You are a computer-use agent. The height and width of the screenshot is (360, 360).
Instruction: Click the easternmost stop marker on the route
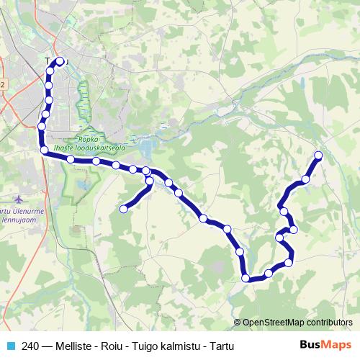pos(318,155)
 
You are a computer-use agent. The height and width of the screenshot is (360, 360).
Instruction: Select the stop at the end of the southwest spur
pos(123,209)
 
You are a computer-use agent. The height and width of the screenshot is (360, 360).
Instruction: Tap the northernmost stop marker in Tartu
pos(60,61)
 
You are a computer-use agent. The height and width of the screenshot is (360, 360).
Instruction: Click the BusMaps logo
pos(325,345)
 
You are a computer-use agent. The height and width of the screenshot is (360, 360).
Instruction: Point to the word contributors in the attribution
pos(330,323)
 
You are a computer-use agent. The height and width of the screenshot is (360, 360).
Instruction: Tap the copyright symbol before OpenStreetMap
pos(238,323)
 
